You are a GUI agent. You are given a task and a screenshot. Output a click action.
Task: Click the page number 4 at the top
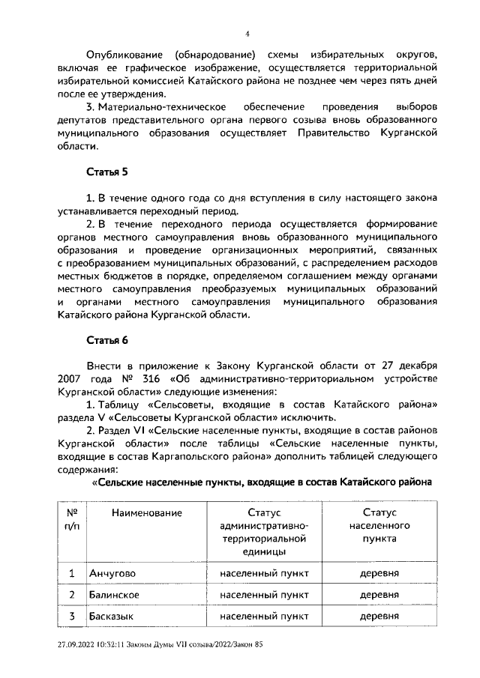click(x=247, y=34)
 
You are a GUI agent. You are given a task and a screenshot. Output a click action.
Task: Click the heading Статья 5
click(x=107, y=173)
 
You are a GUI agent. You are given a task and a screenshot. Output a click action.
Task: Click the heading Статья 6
click(x=107, y=340)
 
